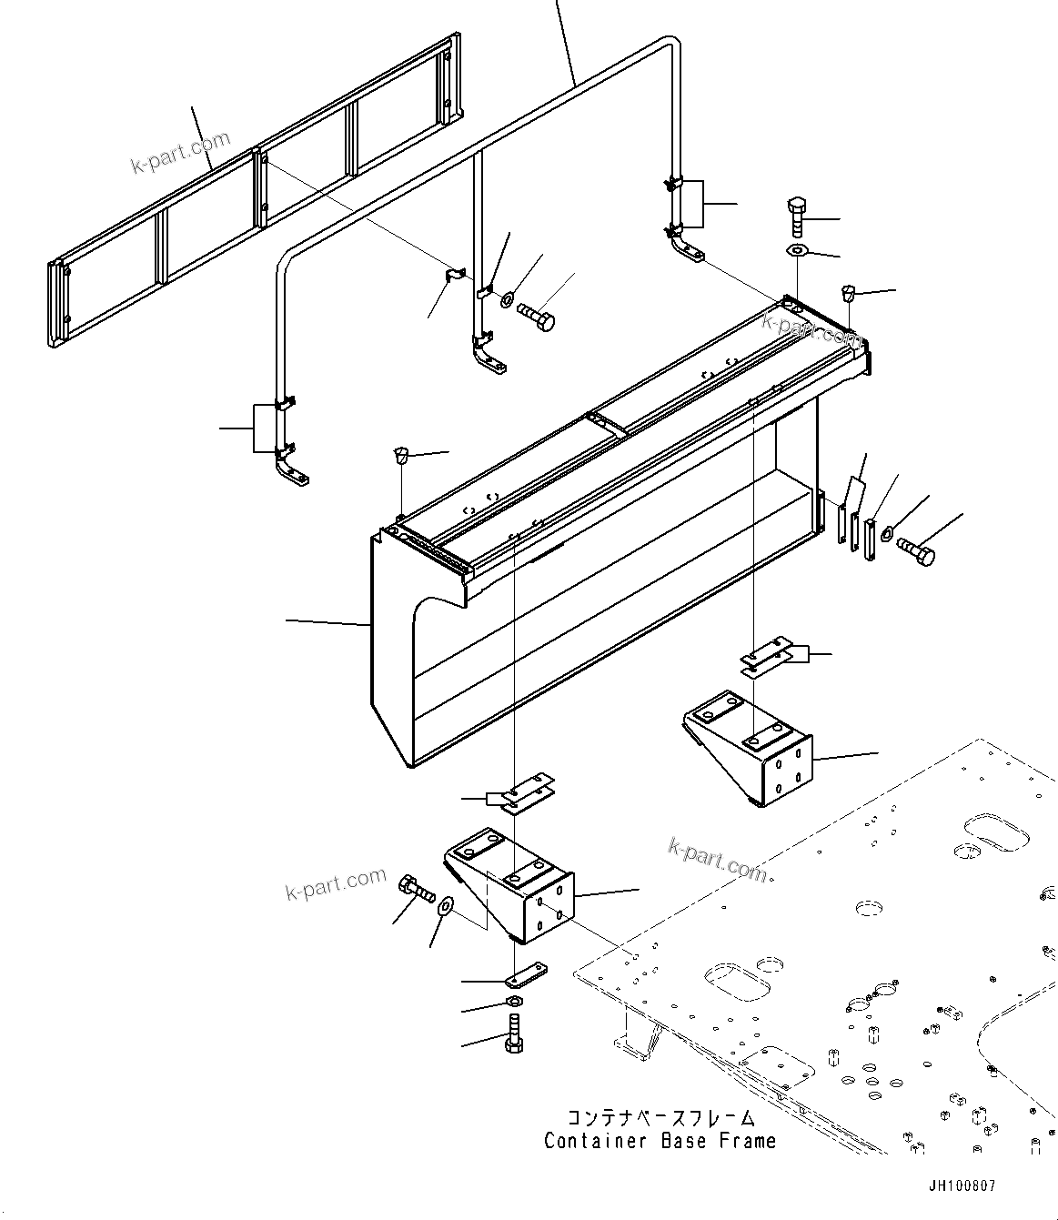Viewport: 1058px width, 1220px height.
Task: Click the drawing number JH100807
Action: (x=962, y=1186)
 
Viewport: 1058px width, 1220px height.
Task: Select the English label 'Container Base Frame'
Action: (x=660, y=1141)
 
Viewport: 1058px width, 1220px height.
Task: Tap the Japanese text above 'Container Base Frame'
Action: (x=660, y=1118)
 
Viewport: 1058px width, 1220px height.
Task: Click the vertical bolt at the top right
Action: (x=796, y=215)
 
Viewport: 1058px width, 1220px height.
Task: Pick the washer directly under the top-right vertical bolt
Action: (x=797, y=250)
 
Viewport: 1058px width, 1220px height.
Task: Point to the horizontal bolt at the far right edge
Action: (x=914, y=551)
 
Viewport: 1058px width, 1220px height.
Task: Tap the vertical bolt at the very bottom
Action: (x=513, y=1035)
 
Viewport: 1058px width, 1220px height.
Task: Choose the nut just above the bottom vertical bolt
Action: (x=513, y=1003)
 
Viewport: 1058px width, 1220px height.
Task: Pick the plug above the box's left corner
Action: (x=399, y=454)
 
